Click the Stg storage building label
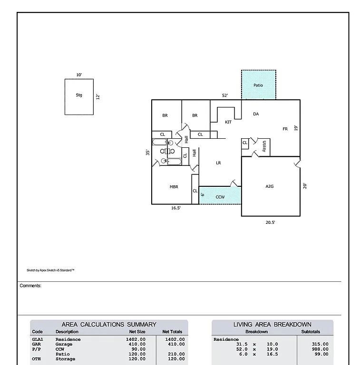tap(79, 95)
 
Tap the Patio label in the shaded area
tap(258, 86)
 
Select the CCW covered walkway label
tap(220, 197)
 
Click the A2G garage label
tap(270, 187)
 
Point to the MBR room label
tap(174, 187)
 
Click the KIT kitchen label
tap(228, 122)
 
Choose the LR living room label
tap(218, 163)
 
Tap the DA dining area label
tap(256, 114)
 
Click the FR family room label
tap(285, 129)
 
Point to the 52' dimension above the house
tap(225, 96)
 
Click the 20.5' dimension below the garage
tap(270, 222)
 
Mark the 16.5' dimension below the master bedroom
tap(175, 208)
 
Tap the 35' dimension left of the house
tap(148, 153)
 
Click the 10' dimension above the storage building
tap(79, 75)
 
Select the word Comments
tap(30, 286)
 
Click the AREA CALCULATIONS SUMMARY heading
tap(109, 324)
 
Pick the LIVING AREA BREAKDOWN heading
tap(272, 324)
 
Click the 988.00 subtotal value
tap(320, 349)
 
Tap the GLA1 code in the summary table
tap(37, 339)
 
